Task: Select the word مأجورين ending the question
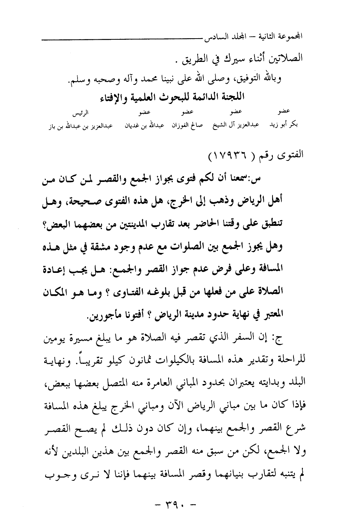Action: (x=101, y=316)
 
